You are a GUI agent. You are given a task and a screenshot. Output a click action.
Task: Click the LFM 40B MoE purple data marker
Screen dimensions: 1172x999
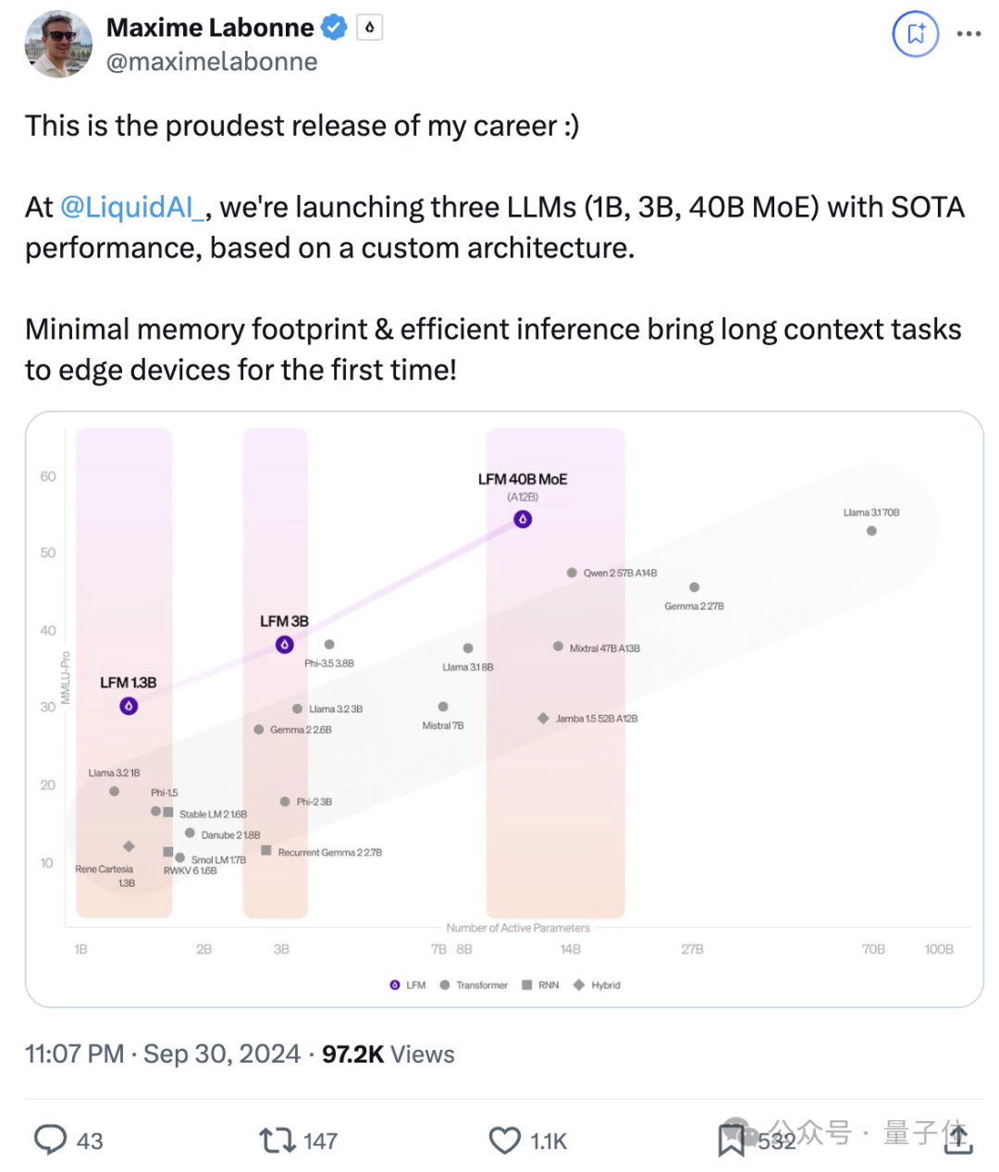tap(523, 520)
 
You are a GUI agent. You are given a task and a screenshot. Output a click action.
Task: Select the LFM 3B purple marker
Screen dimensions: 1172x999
tap(285, 645)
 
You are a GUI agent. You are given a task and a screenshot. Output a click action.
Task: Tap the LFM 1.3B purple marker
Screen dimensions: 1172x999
tap(129, 707)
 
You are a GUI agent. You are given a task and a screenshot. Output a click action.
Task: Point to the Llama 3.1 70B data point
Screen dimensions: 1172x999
tap(871, 531)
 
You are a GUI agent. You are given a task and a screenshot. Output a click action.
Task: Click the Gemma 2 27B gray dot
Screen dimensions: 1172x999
tap(695, 587)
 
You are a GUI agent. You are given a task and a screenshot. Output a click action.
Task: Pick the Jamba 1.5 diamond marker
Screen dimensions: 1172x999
tap(543, 719)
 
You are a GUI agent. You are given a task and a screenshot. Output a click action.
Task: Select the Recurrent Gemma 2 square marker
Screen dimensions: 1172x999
tap(266, 851)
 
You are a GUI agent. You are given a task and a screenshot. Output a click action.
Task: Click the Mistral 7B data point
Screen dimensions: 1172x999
tap(443, 707)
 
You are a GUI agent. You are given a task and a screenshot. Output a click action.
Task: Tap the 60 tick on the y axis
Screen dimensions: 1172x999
tap(48, 476)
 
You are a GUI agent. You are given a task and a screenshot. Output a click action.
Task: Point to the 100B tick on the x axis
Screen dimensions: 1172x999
tap(939, 949)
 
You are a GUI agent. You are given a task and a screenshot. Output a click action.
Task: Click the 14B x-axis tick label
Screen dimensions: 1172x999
tap(571, 949)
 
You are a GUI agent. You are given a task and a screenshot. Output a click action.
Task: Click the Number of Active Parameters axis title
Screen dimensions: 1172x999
tap(518, 928)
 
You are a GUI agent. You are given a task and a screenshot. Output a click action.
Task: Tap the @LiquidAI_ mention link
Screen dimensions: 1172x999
tap(132, 207)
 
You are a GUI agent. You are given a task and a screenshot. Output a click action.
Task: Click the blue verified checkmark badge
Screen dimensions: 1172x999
tap(334, 28)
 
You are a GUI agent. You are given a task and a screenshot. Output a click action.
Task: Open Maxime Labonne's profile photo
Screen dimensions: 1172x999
tap(58, 44)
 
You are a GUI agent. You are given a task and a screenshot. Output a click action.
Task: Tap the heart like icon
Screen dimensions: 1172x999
tap(504, 1141)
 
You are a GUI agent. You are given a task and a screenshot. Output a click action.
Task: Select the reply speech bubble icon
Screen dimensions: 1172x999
tap(50, 1140)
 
